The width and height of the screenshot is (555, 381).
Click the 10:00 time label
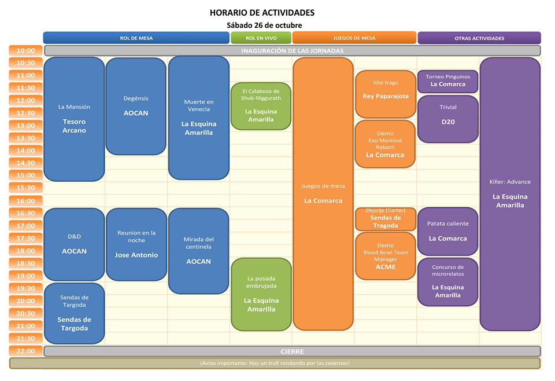[26, 50]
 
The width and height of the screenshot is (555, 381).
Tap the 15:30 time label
[26, 188]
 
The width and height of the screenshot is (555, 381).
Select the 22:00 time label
[26, 351]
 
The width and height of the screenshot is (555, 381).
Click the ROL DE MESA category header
[136, 38]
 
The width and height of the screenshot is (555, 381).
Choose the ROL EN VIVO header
[261, 38]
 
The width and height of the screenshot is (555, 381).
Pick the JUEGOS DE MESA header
[354, 38]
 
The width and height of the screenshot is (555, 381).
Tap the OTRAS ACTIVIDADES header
[479, 38]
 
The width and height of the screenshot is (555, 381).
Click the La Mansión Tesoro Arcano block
[74, 119]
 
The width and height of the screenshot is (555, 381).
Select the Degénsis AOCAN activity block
[136, 106]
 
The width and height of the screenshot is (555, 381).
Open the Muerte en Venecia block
[198, 118]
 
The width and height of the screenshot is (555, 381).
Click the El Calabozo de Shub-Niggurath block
[261, 105]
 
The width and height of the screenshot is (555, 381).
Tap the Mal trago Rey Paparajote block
[386, 90]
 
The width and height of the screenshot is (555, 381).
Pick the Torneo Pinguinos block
[448, 81]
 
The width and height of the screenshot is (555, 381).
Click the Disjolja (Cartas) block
[386, 218]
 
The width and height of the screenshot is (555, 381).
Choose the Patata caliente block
[448, 231]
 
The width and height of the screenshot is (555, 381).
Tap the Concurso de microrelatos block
[448, 281]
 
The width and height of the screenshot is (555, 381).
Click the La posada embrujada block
[261, 294]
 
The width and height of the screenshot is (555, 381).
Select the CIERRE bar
[292, 351]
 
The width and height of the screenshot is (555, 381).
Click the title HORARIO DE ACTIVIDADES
[262, 13]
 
